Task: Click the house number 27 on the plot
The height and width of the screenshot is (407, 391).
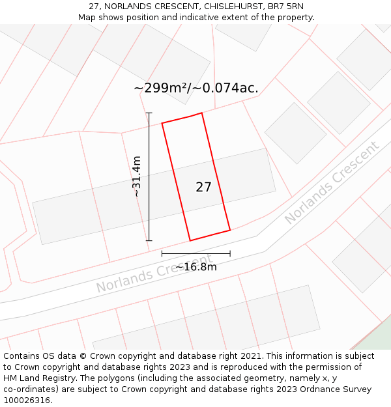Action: pyautogui.click(x=203, y=188)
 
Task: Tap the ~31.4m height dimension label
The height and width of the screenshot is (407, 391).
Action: pyautogui.click(x=137, y=176)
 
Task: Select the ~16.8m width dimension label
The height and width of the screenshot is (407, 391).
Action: pyautogui.click(x=196, y=266)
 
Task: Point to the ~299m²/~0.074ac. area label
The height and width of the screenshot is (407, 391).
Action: pyautogui.click(x=196, y=88)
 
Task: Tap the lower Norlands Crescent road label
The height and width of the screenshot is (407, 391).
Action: pyautogui.click(x=154, y=274)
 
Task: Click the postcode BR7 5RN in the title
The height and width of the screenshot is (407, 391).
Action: pyautogui.click(x=285, y=6)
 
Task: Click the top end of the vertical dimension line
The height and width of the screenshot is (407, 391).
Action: pyautogui.click(x=149, y=113)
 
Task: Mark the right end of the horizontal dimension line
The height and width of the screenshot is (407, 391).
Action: pyautogui.click(x=230, y=253)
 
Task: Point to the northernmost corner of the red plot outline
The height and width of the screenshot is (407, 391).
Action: pyautogui.click(x=201, y=113)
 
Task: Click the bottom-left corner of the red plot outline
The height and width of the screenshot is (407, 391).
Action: pyautogui.click(x=190, y=241)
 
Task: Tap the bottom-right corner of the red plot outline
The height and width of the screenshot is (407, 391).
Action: pyautogui.click(x=230, y=230)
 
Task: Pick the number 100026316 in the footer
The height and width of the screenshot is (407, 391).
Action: pyautogui.click(x=26, y=400)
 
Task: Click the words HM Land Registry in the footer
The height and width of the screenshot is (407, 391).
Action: pyautogui.click(x=36, y=378)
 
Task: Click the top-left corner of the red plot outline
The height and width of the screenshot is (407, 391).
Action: pyautogui.click(x=162, y=123)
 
